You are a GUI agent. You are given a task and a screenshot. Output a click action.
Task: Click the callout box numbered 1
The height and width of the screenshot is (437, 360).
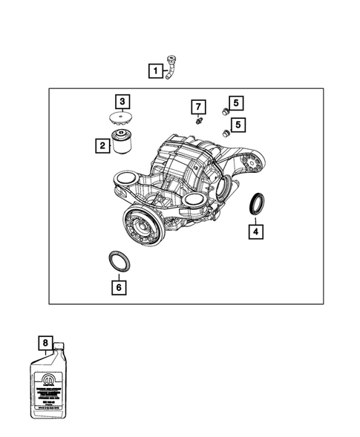tap(156, 71)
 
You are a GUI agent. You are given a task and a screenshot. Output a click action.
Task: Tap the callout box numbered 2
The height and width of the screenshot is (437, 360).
tap(101, 146)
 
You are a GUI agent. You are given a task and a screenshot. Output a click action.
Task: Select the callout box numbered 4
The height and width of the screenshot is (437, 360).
tap(255, 231)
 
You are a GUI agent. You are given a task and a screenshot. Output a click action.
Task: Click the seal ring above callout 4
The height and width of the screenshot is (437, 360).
tap(255, 204)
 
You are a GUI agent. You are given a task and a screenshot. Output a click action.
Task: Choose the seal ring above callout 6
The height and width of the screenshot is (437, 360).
tap(118, 261)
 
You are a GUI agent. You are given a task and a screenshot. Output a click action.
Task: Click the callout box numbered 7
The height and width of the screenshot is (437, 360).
tap(198, 105)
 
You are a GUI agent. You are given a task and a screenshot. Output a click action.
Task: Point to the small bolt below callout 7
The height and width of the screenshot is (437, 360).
tap(198, 120)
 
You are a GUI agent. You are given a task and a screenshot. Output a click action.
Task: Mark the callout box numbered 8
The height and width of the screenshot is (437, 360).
tap(46, 343)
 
